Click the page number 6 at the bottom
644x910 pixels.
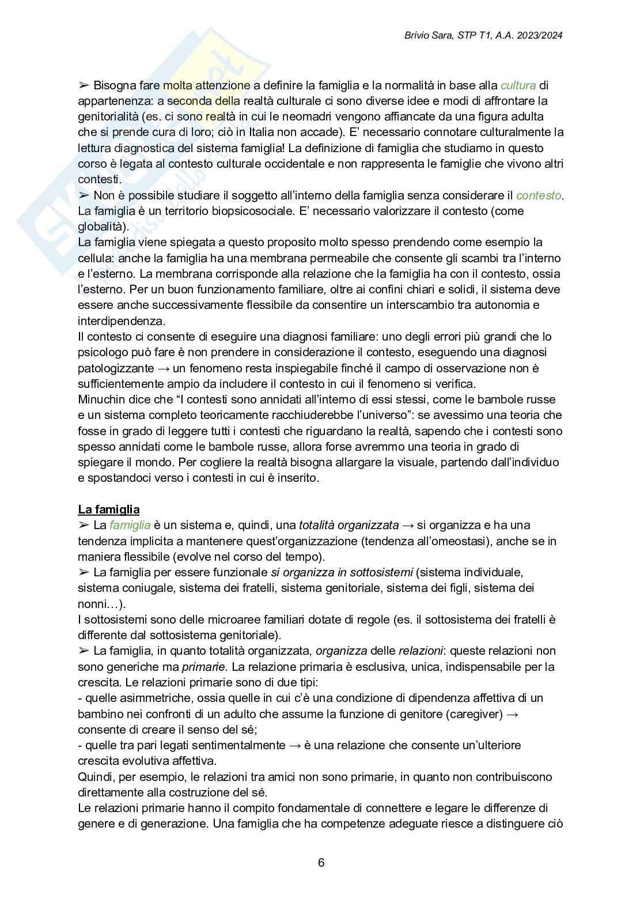point(321,863)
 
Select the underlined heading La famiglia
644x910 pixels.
point(109,509)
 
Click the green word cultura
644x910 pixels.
point(518,85)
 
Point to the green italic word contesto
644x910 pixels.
point(539,195)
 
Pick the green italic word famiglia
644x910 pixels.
point(130,525)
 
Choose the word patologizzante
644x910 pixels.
point(116,368)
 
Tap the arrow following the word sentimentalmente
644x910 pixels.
point(294,745)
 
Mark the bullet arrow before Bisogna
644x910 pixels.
point(84,85)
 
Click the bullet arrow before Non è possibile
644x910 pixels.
point(84,195)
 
